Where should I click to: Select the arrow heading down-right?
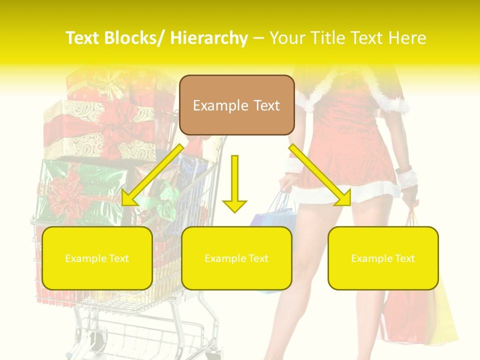click(x=320, y=175)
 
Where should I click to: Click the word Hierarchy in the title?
click(x=209, y=38)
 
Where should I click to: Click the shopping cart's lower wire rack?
click(x=145, y=335)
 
